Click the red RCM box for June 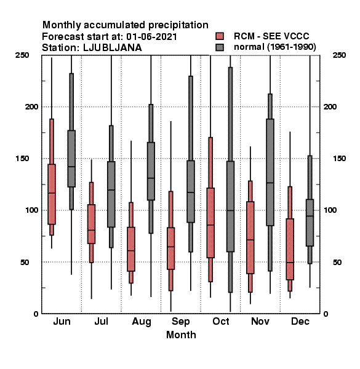click(x=52, y=194)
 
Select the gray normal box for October click(x=230, y=207)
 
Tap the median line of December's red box click(x=290, y=262)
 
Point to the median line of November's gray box click(x=270, y=183)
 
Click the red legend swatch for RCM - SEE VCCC click(x=220, y=36)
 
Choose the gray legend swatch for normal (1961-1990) click(x=220, y=47)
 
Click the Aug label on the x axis click(x=142, y=322)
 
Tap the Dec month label click(x=300, y=321)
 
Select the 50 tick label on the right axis click(x=337, y=262)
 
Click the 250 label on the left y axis click(x=22, y=55)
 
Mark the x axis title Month click(x=181, y=335)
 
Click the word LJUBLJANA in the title click(x=113, y=48)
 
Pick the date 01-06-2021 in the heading click(x=151, y=36)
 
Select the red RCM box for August click(x=131, y=249)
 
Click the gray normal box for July click(x=111, y=194)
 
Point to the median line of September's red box click(x=170, y=247)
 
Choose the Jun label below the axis click(x=62, y=321)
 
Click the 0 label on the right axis click(x=326, y=314)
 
